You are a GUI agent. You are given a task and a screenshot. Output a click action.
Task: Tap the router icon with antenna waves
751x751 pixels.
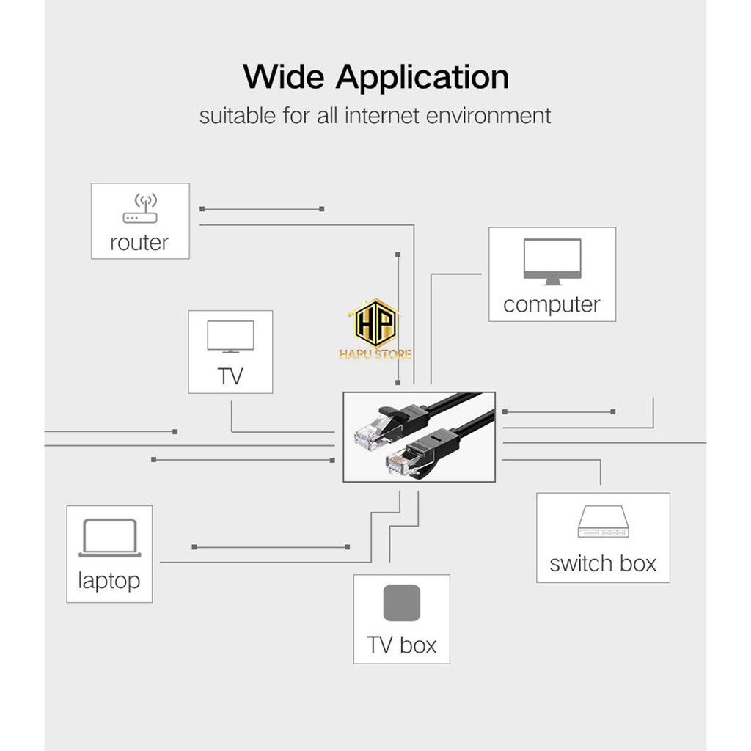[x=140, y=208]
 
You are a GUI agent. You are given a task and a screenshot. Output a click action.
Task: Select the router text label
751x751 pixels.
[x=139, y=243]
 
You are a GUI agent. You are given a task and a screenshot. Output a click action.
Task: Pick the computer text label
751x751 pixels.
[x=552, y=305]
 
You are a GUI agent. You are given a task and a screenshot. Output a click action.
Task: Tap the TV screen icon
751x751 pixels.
[x=230, y=337]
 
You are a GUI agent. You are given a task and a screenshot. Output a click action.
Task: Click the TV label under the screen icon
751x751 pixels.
[x=230, y=377]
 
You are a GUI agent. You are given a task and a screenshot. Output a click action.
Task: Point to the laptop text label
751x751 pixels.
[x=109, y=581]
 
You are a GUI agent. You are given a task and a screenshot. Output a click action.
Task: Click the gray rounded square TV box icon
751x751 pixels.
[x=401, y=603]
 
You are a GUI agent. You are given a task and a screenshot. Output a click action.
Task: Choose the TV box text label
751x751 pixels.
[x=402, y=645]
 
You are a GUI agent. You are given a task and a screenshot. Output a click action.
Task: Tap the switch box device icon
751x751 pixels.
[x=603, y=521]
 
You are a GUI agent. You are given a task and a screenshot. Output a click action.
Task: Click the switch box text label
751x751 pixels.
[x=603, y=563]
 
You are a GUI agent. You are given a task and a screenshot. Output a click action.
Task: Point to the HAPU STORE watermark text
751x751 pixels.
[x=375, y=355]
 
